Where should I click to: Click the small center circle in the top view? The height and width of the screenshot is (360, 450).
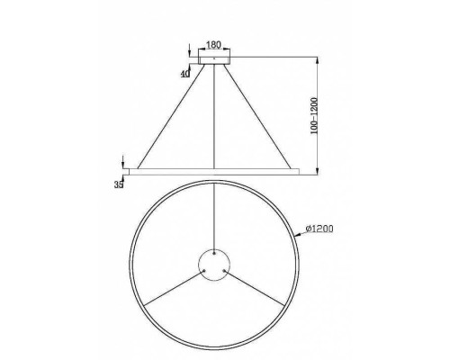click(x=215, y=263)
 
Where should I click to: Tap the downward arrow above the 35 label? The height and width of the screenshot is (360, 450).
click(x=121, y=162)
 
